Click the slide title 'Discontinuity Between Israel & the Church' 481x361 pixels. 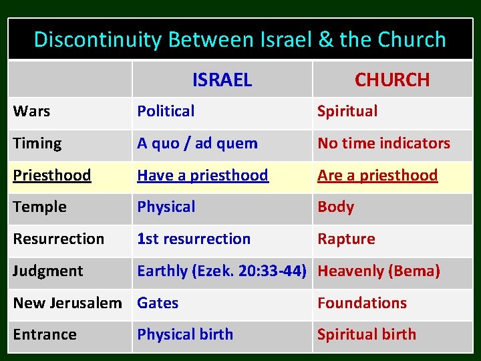pyautogui.click(x=240, y=39)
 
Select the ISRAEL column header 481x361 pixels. pyautogui.click(x=222, y=80)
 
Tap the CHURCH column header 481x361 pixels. pyautogui.click(x=392, y=80)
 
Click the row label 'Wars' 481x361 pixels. pyautogui.click(x=31, y=112)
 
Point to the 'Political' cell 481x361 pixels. pyautogui.click(x=166, y=112)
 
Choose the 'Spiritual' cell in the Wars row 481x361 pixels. pyautogui.click(x=347, y=112)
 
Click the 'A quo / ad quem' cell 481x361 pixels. pyautogui.click(x=197, y=143)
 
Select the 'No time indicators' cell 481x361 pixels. pyautogui.click(x=383, y=143)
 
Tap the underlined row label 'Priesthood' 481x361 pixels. pyautogui.click(x=52, y=175)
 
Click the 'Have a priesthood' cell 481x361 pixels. pyautogui.click(x=202, y=175)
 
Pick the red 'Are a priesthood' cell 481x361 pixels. pyautogui.click(x=377, y=175)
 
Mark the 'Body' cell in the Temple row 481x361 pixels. pyautogui.click(x=335, y=207)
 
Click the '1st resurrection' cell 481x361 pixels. pyautogui.click(x=194, y=239)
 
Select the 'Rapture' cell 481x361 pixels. pyautogui.click(x=346, y=239)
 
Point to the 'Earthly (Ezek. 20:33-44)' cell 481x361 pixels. pyautogui.click(x=222, y=271)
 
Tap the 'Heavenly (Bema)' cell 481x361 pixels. pyautogui.click(x=379, y=271)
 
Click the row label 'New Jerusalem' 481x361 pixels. pyautogui.click(x=67, y=303)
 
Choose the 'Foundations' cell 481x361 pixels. pyautogui.click(x=361, y=303)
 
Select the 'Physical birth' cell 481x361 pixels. pyautogui.click(x=185, y=334)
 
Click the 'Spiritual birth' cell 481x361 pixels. pyautogui.click(x=366, y=334)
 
